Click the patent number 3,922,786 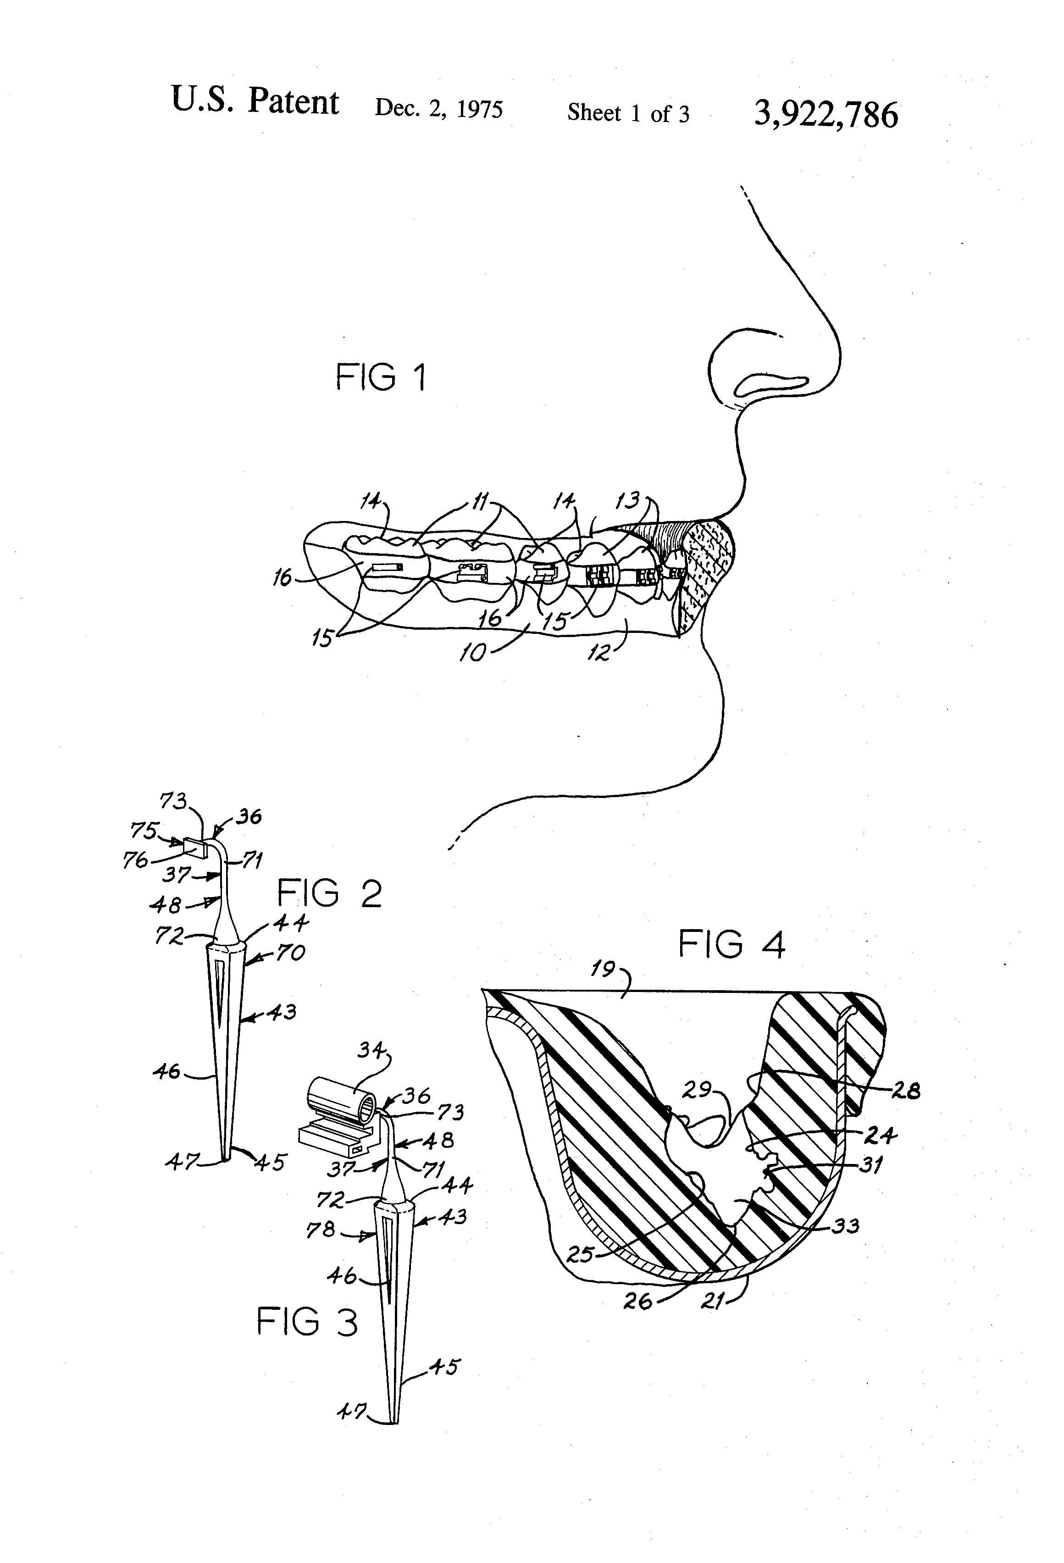click(x=826, y=114)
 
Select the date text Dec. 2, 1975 click(x=438, y=108)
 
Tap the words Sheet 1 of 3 click(x=628, y=113)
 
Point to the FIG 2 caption click(x=330, y=894)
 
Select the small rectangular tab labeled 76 click(x=194, y=849)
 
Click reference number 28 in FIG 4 click(x=905, y=1090)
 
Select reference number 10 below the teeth click(x=472, y=652)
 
